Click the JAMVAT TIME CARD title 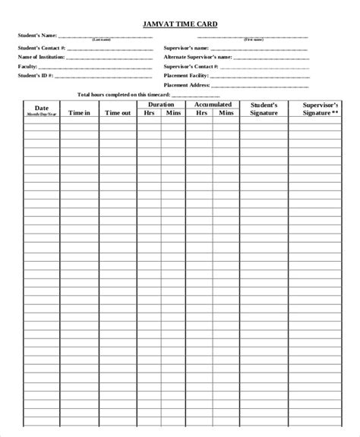tap(180, 24)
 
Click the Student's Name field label tap(37, 35)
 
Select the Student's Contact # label tap(42, 48)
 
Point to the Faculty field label tap(27, 66)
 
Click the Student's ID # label tap(34, 75)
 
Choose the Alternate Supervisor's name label tap(197, 57)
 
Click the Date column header tap(41, 108)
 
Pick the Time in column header tap(79, 112)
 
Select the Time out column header tap(118, 112)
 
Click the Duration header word tap(161, 105)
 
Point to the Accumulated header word tap(213, 105)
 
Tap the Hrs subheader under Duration tap(149, 113)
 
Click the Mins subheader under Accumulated tap(226, 113)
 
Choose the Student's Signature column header tap(264, 108)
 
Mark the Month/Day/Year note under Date tap(41, 114)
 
